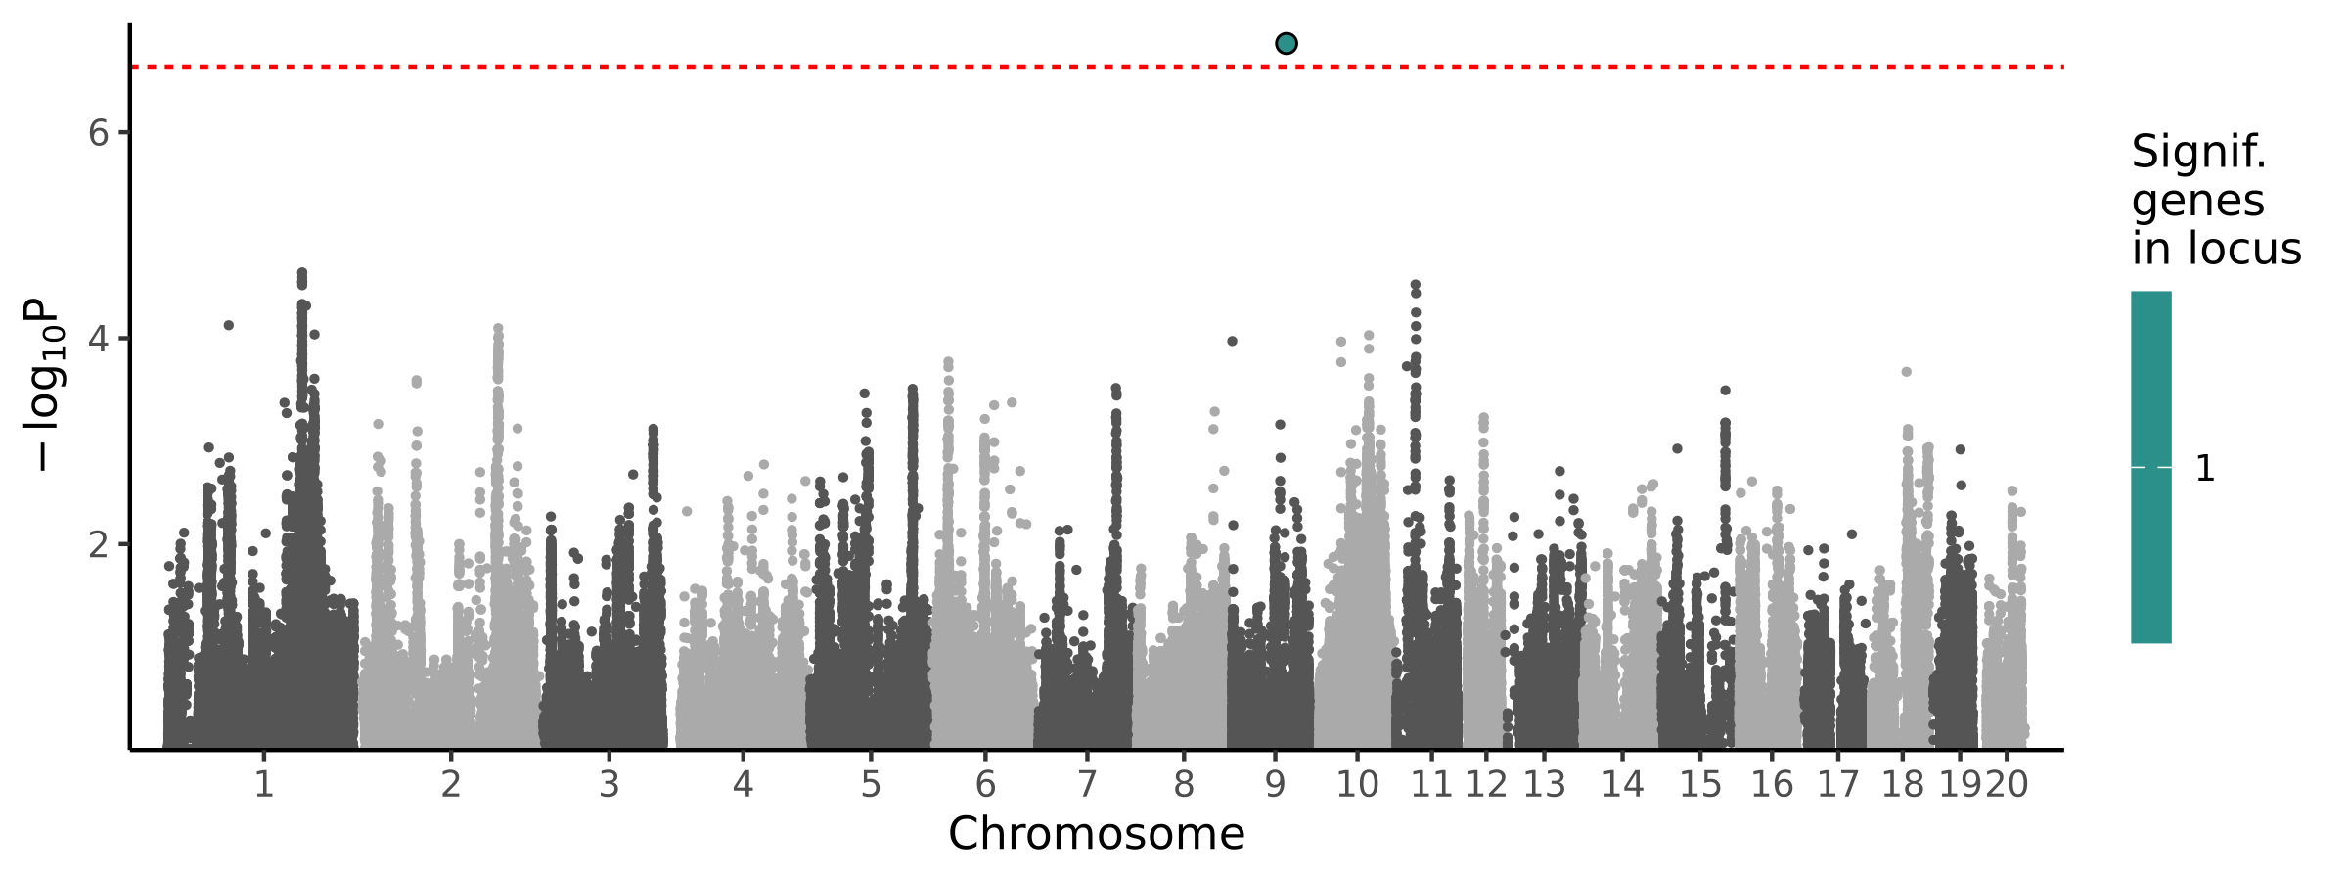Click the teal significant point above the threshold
coord(1287,43)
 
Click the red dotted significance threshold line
coord(685,67)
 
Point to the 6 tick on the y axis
coord(98,133)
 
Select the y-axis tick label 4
coord(98,339)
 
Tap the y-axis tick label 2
coord(98,544)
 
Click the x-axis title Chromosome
coord(1096,834)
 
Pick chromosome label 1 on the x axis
coord(263,784)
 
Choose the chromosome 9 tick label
coord(1275,784)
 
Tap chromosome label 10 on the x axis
coord(1356,784)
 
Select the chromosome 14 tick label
coord(1622,784)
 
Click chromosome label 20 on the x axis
coord(2008,784)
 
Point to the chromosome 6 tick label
coord(985,784)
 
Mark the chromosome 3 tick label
coord(609,784)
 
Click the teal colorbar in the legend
coord(2151,467)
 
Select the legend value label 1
coord(2205,469)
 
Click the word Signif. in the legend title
coord(2198,153)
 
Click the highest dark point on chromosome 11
coord(1415,285)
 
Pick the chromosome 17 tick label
coord(1837,784)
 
